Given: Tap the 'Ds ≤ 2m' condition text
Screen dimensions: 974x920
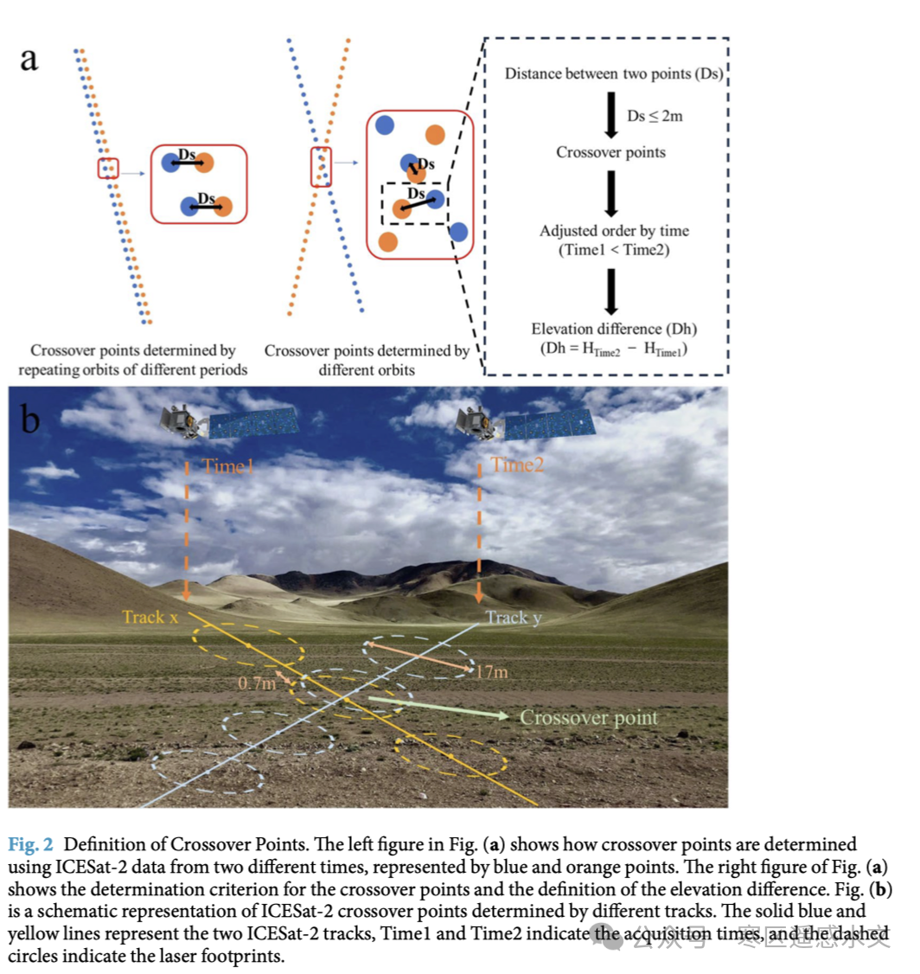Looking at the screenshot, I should click(655, 115).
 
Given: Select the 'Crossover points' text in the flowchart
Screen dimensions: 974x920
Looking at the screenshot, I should click(610, 152).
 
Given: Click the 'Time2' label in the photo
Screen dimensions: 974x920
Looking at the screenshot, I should click(517, 465).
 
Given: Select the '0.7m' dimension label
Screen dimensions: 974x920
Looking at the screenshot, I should click(256, 683).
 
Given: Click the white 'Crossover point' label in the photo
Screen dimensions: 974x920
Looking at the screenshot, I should click(588, 718).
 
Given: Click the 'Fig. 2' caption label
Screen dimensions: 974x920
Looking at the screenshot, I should click(31, 843).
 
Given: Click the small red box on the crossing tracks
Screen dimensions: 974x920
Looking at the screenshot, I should click(321, 167).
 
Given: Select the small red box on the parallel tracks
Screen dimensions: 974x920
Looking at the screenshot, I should click(108, 168).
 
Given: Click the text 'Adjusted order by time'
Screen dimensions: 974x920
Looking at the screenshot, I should click(614, 231).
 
